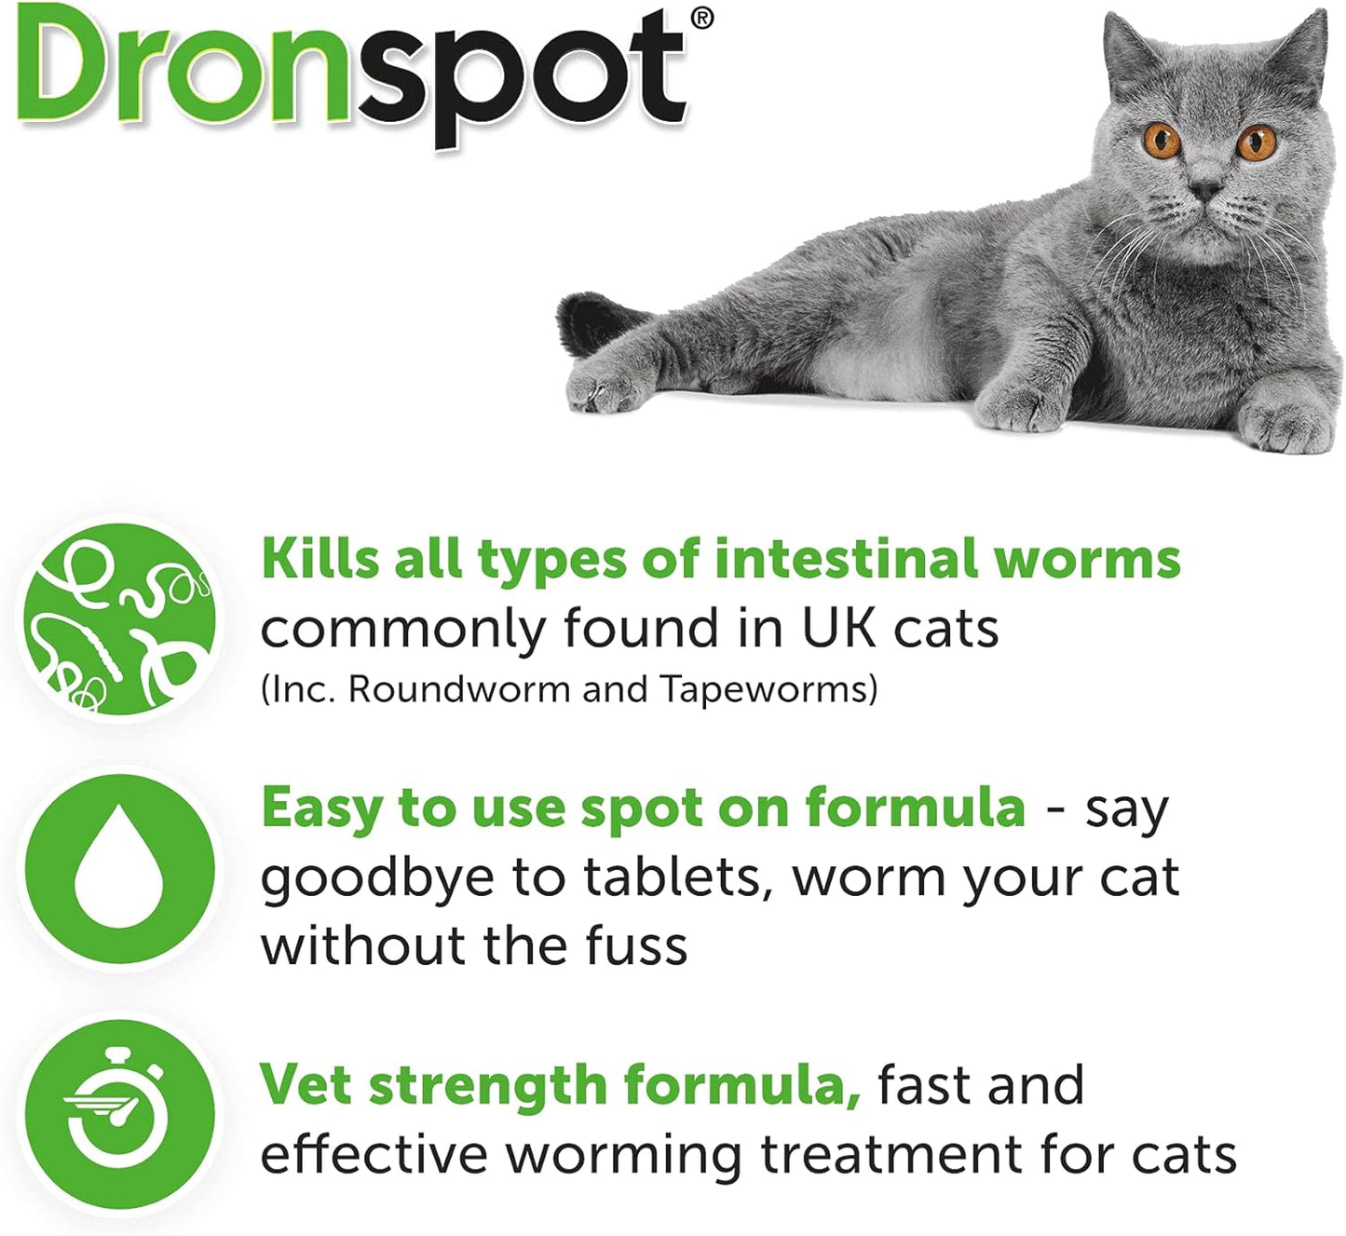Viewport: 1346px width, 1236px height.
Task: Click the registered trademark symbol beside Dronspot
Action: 701,20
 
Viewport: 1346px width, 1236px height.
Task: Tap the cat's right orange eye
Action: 1256,143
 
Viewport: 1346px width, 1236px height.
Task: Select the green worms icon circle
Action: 119,618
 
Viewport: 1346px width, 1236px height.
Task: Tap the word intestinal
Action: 846,558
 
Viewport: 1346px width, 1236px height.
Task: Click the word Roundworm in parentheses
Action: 459,688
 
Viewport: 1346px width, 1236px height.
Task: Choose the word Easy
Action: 321,808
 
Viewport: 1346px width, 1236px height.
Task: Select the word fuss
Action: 636,944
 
